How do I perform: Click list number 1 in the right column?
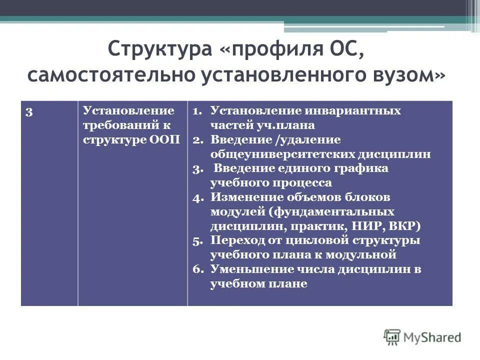coord(196,111)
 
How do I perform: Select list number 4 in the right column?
coord(196,197)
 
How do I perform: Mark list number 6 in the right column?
coord(196,269)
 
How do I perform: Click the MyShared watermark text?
coord(432,337)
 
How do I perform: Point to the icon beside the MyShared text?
coord(392,337)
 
